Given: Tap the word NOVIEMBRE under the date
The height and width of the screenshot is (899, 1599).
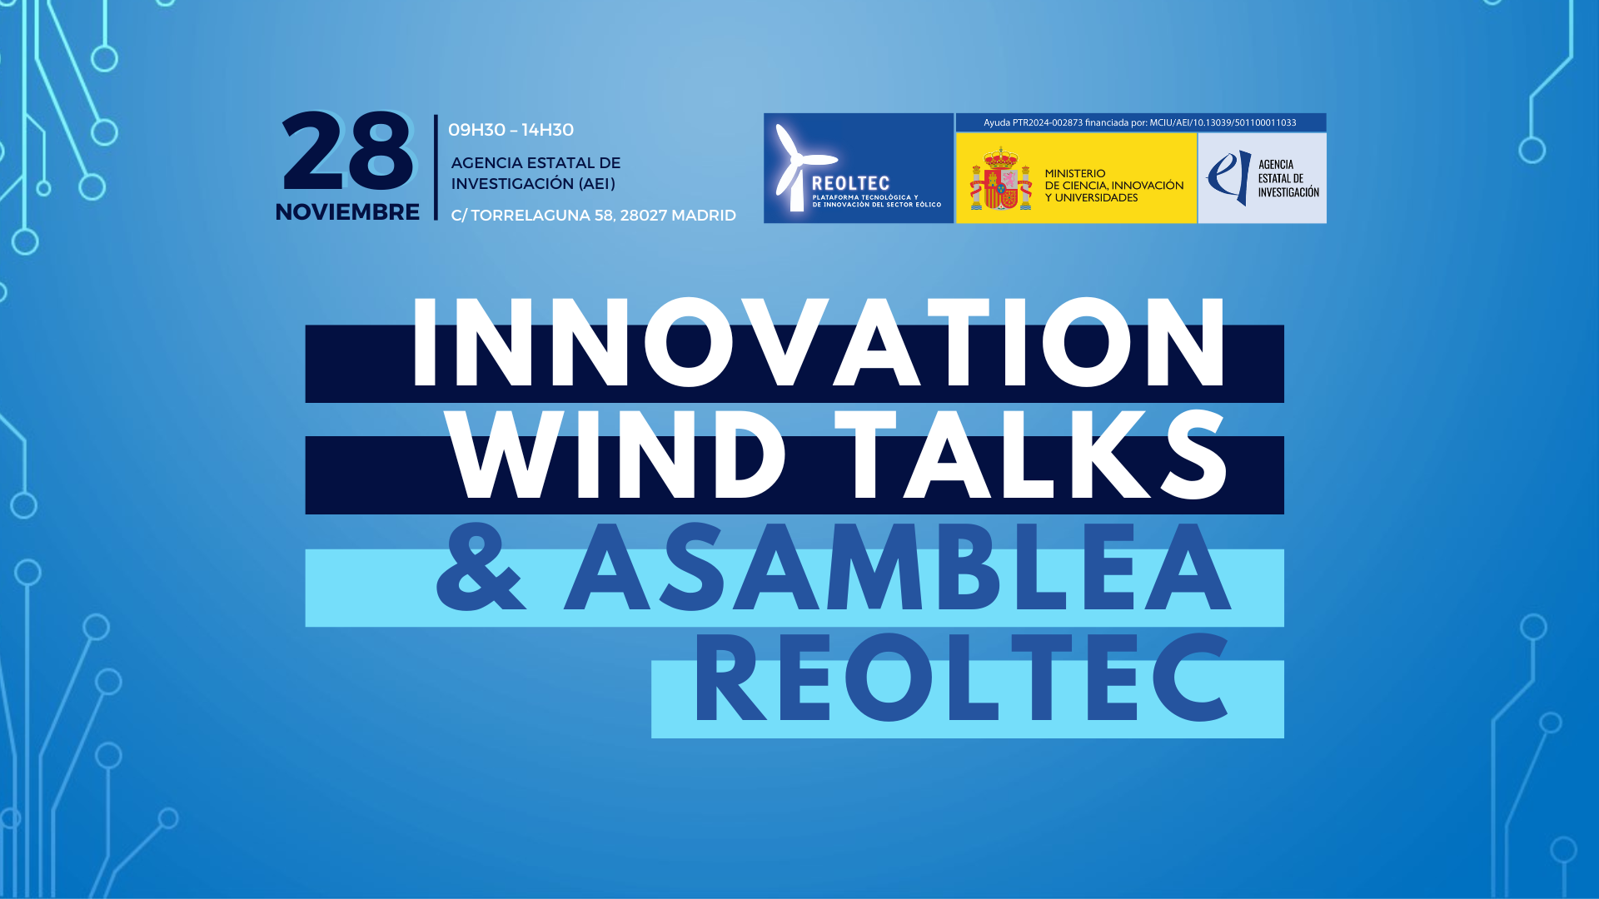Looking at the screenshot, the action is pos(347,212).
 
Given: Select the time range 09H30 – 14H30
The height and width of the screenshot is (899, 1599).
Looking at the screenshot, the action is pos(511,130).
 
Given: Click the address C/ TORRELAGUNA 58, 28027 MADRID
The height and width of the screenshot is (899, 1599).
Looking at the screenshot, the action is pos(593,216).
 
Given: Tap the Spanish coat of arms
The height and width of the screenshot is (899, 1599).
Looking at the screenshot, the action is pos(1000,179).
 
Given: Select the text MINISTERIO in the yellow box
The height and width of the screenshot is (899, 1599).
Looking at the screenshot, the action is pos(1075,173).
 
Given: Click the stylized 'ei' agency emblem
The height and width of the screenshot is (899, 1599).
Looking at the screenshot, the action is pos(1229,177).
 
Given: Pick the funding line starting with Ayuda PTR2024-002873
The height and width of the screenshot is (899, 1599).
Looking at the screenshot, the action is pos(1139,122).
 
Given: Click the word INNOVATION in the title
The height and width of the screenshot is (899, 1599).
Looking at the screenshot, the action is pos(819,343).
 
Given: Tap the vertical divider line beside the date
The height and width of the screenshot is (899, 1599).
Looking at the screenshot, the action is pos(436,167).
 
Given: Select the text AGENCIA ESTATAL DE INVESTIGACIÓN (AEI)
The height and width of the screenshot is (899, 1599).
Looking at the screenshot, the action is pos(535,173).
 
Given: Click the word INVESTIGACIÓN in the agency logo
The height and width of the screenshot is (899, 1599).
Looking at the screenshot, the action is pos(1288,192).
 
